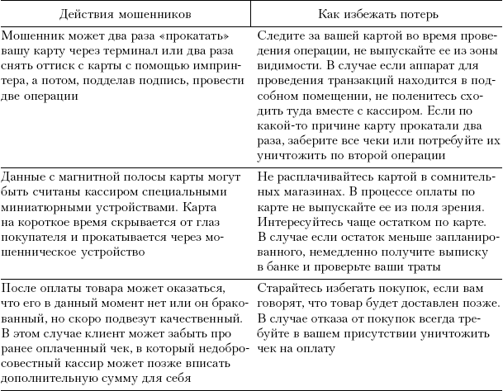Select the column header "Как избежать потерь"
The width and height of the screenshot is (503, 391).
click(x=376, y=14)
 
